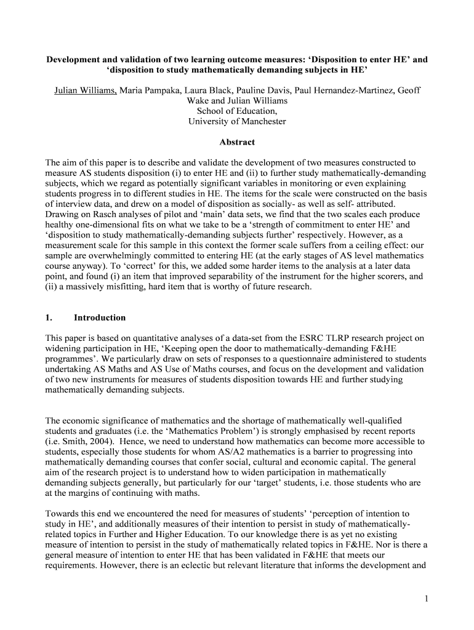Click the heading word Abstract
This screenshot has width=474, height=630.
(237, 142)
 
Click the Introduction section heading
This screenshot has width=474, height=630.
(100, 317)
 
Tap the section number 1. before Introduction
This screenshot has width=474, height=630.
(49, 317)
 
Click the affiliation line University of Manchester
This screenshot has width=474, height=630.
(237, 121)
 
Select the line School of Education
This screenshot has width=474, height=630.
(237, 111)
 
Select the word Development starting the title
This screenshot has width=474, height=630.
(74, 60)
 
